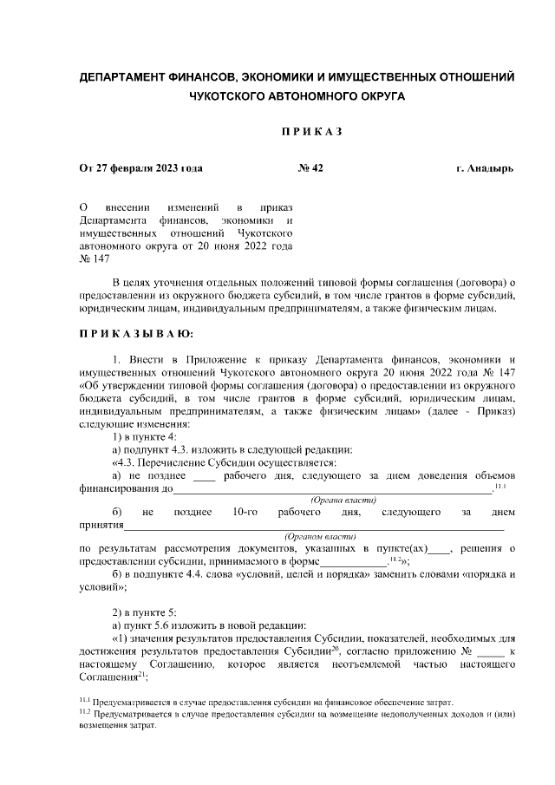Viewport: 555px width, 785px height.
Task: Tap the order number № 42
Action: pos(310,168)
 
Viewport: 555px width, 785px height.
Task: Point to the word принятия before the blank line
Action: pos(101,526)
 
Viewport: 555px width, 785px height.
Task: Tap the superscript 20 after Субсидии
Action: pos(334,646)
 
